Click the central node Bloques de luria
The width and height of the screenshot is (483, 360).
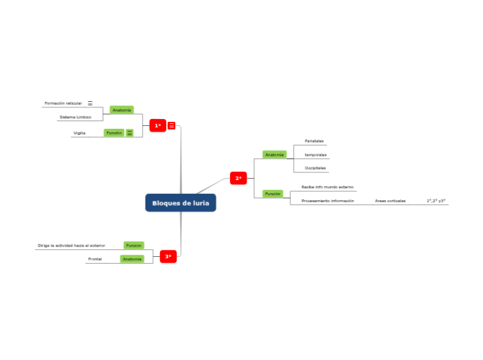181,203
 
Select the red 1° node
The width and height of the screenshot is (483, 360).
158,125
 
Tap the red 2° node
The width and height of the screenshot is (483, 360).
238,179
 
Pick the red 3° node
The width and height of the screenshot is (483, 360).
168,257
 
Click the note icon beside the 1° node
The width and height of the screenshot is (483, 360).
172,125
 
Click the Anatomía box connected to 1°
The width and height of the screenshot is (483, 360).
121,110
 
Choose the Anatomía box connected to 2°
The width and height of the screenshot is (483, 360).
274,154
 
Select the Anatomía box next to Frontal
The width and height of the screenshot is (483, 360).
132,259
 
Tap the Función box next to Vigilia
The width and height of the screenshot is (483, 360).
114,132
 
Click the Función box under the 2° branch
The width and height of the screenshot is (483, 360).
272,194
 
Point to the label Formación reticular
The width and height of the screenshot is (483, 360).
63,103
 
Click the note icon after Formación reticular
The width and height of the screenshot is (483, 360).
90,103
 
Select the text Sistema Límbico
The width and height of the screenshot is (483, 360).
75,117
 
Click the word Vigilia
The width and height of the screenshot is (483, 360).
79,132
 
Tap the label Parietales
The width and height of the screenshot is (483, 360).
314,141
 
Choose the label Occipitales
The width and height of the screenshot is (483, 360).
315,168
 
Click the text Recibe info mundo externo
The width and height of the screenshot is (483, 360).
327,187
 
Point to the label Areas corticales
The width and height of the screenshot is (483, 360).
390,201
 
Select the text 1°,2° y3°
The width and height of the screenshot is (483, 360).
436,201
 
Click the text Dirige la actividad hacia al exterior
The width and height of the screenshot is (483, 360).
71,245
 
